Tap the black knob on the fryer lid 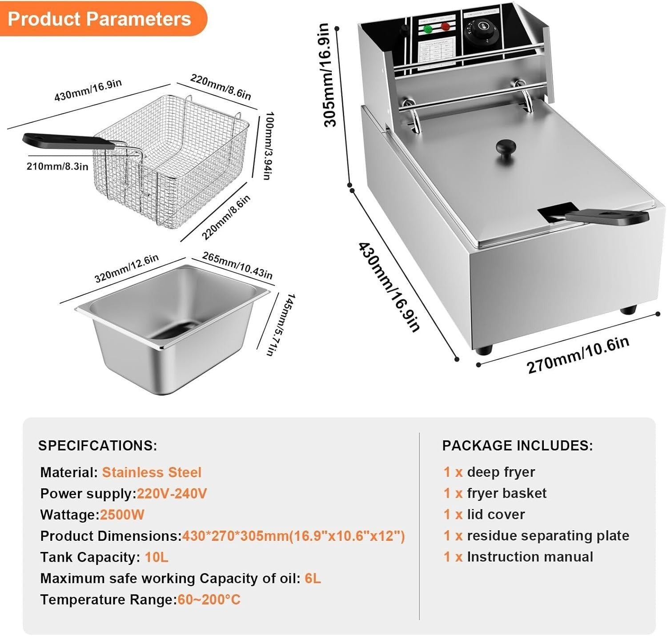[506, 147]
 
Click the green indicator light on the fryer [428, 29]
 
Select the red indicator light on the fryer [445, 27]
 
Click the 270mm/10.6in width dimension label [578, 355]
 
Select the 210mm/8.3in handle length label [57, 166]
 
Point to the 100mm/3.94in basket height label [268, 145]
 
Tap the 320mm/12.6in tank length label [126, 268]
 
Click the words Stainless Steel [152, 472]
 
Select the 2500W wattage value [122, 515]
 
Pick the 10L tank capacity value [156, 557]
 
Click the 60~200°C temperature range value [209, 600]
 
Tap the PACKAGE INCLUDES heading [517, 446]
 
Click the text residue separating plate [548, 535]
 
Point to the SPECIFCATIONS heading [97, 446]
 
